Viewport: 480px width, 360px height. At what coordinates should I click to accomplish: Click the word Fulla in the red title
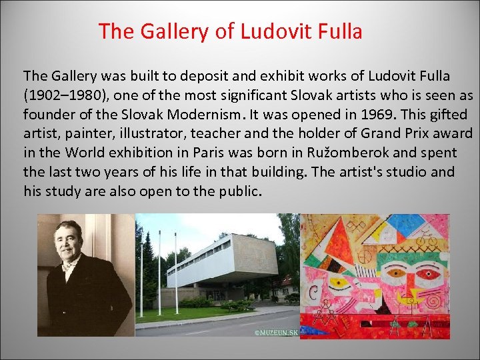pyautogui.click(x=340, y=31)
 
